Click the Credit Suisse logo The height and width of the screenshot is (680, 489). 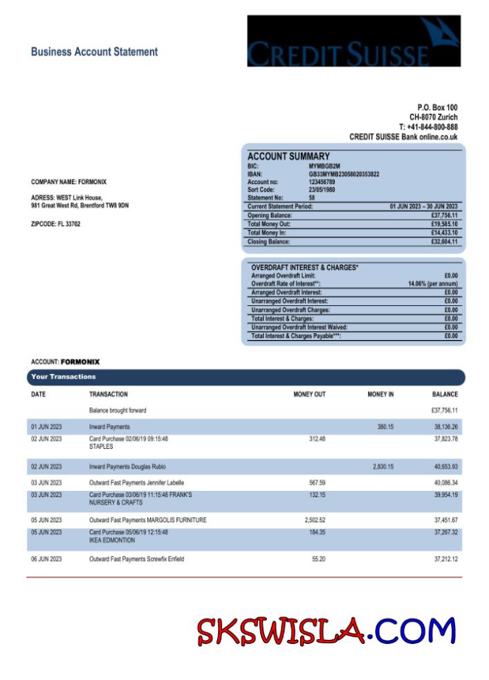[x=353, y=41]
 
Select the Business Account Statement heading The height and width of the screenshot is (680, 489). [x=94, y=52]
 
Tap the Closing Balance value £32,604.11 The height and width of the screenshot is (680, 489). [x=442, y=242]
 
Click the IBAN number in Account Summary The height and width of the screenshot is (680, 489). [x=344, y=174]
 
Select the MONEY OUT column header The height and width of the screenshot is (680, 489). [x=309, y=395]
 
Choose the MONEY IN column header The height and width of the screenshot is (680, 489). [x=380, y=395]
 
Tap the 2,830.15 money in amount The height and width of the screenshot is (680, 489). [x=382, y=467]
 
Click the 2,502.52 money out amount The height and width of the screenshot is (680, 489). [x=315, y=520]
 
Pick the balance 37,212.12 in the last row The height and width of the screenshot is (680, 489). [x=445, y=559]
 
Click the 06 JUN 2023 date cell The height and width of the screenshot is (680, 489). [x=46, y=559]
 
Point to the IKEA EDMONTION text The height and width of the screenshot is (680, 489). [x=112, y=540]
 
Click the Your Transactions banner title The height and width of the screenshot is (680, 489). [x=64, y=377]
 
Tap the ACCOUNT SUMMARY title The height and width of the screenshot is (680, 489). [x=288, y=156]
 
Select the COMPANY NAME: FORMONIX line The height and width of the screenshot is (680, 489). [x=68, y=182]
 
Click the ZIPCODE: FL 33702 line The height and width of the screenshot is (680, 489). [x=55, y=224]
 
